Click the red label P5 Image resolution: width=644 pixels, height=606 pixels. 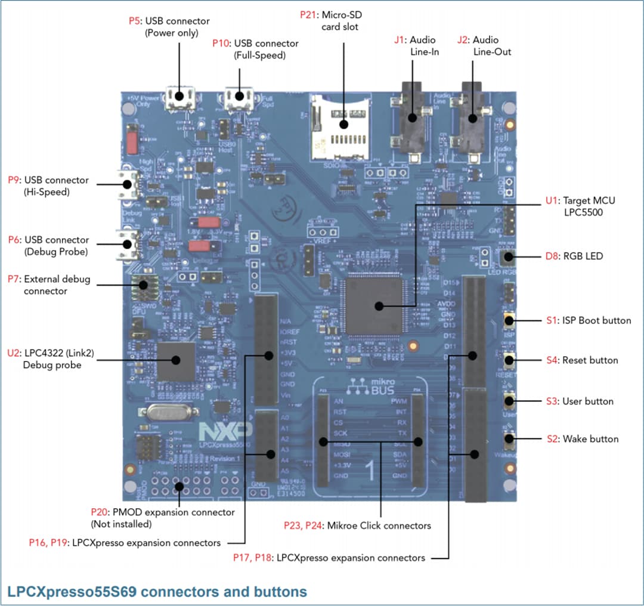tap(135, 21)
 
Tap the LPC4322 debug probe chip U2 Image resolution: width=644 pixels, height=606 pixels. tap(176, 360)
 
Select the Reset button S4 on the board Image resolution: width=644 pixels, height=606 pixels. tap(510, 360)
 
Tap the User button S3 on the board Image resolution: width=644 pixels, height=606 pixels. tap(510, 400)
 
